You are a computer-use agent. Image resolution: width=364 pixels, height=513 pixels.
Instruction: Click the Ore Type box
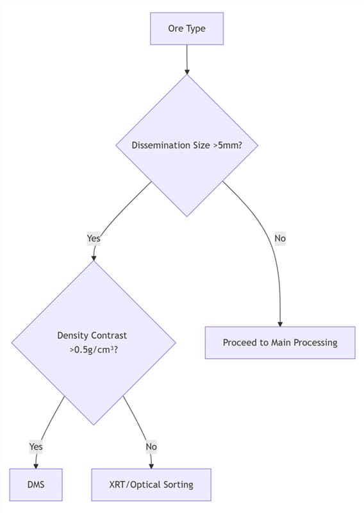186,29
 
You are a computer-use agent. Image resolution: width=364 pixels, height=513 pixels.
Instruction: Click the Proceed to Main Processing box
280,342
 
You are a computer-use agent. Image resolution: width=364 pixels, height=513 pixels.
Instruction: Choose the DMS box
36,484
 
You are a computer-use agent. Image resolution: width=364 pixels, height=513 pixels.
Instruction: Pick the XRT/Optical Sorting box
151,484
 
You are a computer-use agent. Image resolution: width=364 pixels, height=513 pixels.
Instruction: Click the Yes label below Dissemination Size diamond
94,238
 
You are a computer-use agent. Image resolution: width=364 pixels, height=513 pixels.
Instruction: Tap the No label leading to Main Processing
280,238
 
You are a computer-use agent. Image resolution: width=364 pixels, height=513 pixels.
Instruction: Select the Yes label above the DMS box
36,446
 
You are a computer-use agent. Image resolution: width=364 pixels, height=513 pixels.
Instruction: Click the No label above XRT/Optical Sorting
151,446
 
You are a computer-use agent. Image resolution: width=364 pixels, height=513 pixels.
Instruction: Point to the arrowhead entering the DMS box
36,466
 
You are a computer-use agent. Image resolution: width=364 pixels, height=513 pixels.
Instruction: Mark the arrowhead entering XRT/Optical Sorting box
151,466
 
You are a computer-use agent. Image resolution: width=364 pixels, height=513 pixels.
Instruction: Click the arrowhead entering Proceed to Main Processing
280,324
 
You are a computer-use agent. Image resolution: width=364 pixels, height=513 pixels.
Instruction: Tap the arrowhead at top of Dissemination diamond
186,71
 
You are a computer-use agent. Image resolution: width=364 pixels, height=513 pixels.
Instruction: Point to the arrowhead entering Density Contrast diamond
94,258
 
